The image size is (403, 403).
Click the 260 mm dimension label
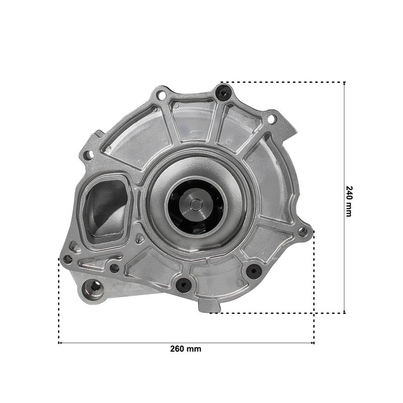tap(185, 349)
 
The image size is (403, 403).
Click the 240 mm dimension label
tap(349, 201)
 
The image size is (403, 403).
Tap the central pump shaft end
tap(196, 205)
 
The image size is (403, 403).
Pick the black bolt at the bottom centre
tap(183, 284)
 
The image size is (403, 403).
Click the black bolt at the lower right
tap(254, 271)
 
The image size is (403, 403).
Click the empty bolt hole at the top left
tap(162, 95)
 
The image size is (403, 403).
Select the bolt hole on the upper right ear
tap(272, 119)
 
